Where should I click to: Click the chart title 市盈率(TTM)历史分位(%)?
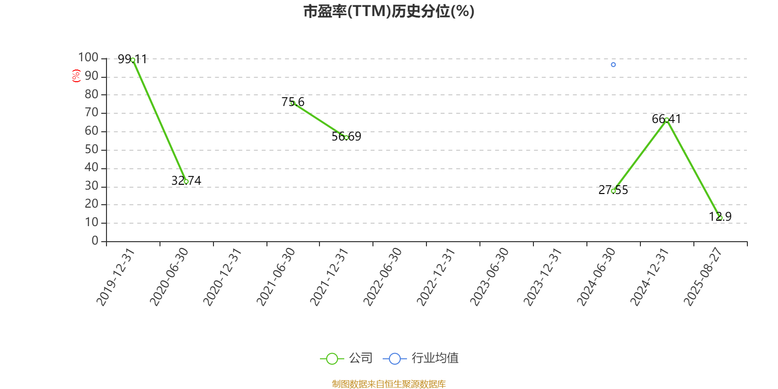tap(389, 12)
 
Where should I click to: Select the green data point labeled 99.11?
tap(133, 60)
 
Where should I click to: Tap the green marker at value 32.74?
tap(186, 181)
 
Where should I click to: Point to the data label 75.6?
tap(293, 102)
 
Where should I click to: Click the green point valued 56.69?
tap(346, 138)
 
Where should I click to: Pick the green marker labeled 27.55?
tap(613, 191)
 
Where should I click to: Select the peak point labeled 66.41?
tap(667, 120)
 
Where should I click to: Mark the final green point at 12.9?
tap(720, 218)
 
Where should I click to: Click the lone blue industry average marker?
tap(613, 65)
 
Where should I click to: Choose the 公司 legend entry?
tap(346, 358)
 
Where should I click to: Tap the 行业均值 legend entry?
tap(421, 358)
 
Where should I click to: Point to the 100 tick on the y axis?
tap(88, 57)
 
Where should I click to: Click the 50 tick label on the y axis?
tap(91, 149)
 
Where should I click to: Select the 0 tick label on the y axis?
tap(95, 240)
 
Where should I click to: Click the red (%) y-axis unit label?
tap(76, 75)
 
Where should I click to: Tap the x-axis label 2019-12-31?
tap(115, 277)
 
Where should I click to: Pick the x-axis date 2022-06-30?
tap(382, 277)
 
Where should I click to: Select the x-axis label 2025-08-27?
tap(703, 277)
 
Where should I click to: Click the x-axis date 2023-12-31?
tap(542, 277)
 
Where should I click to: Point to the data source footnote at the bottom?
tap(389, 384)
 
